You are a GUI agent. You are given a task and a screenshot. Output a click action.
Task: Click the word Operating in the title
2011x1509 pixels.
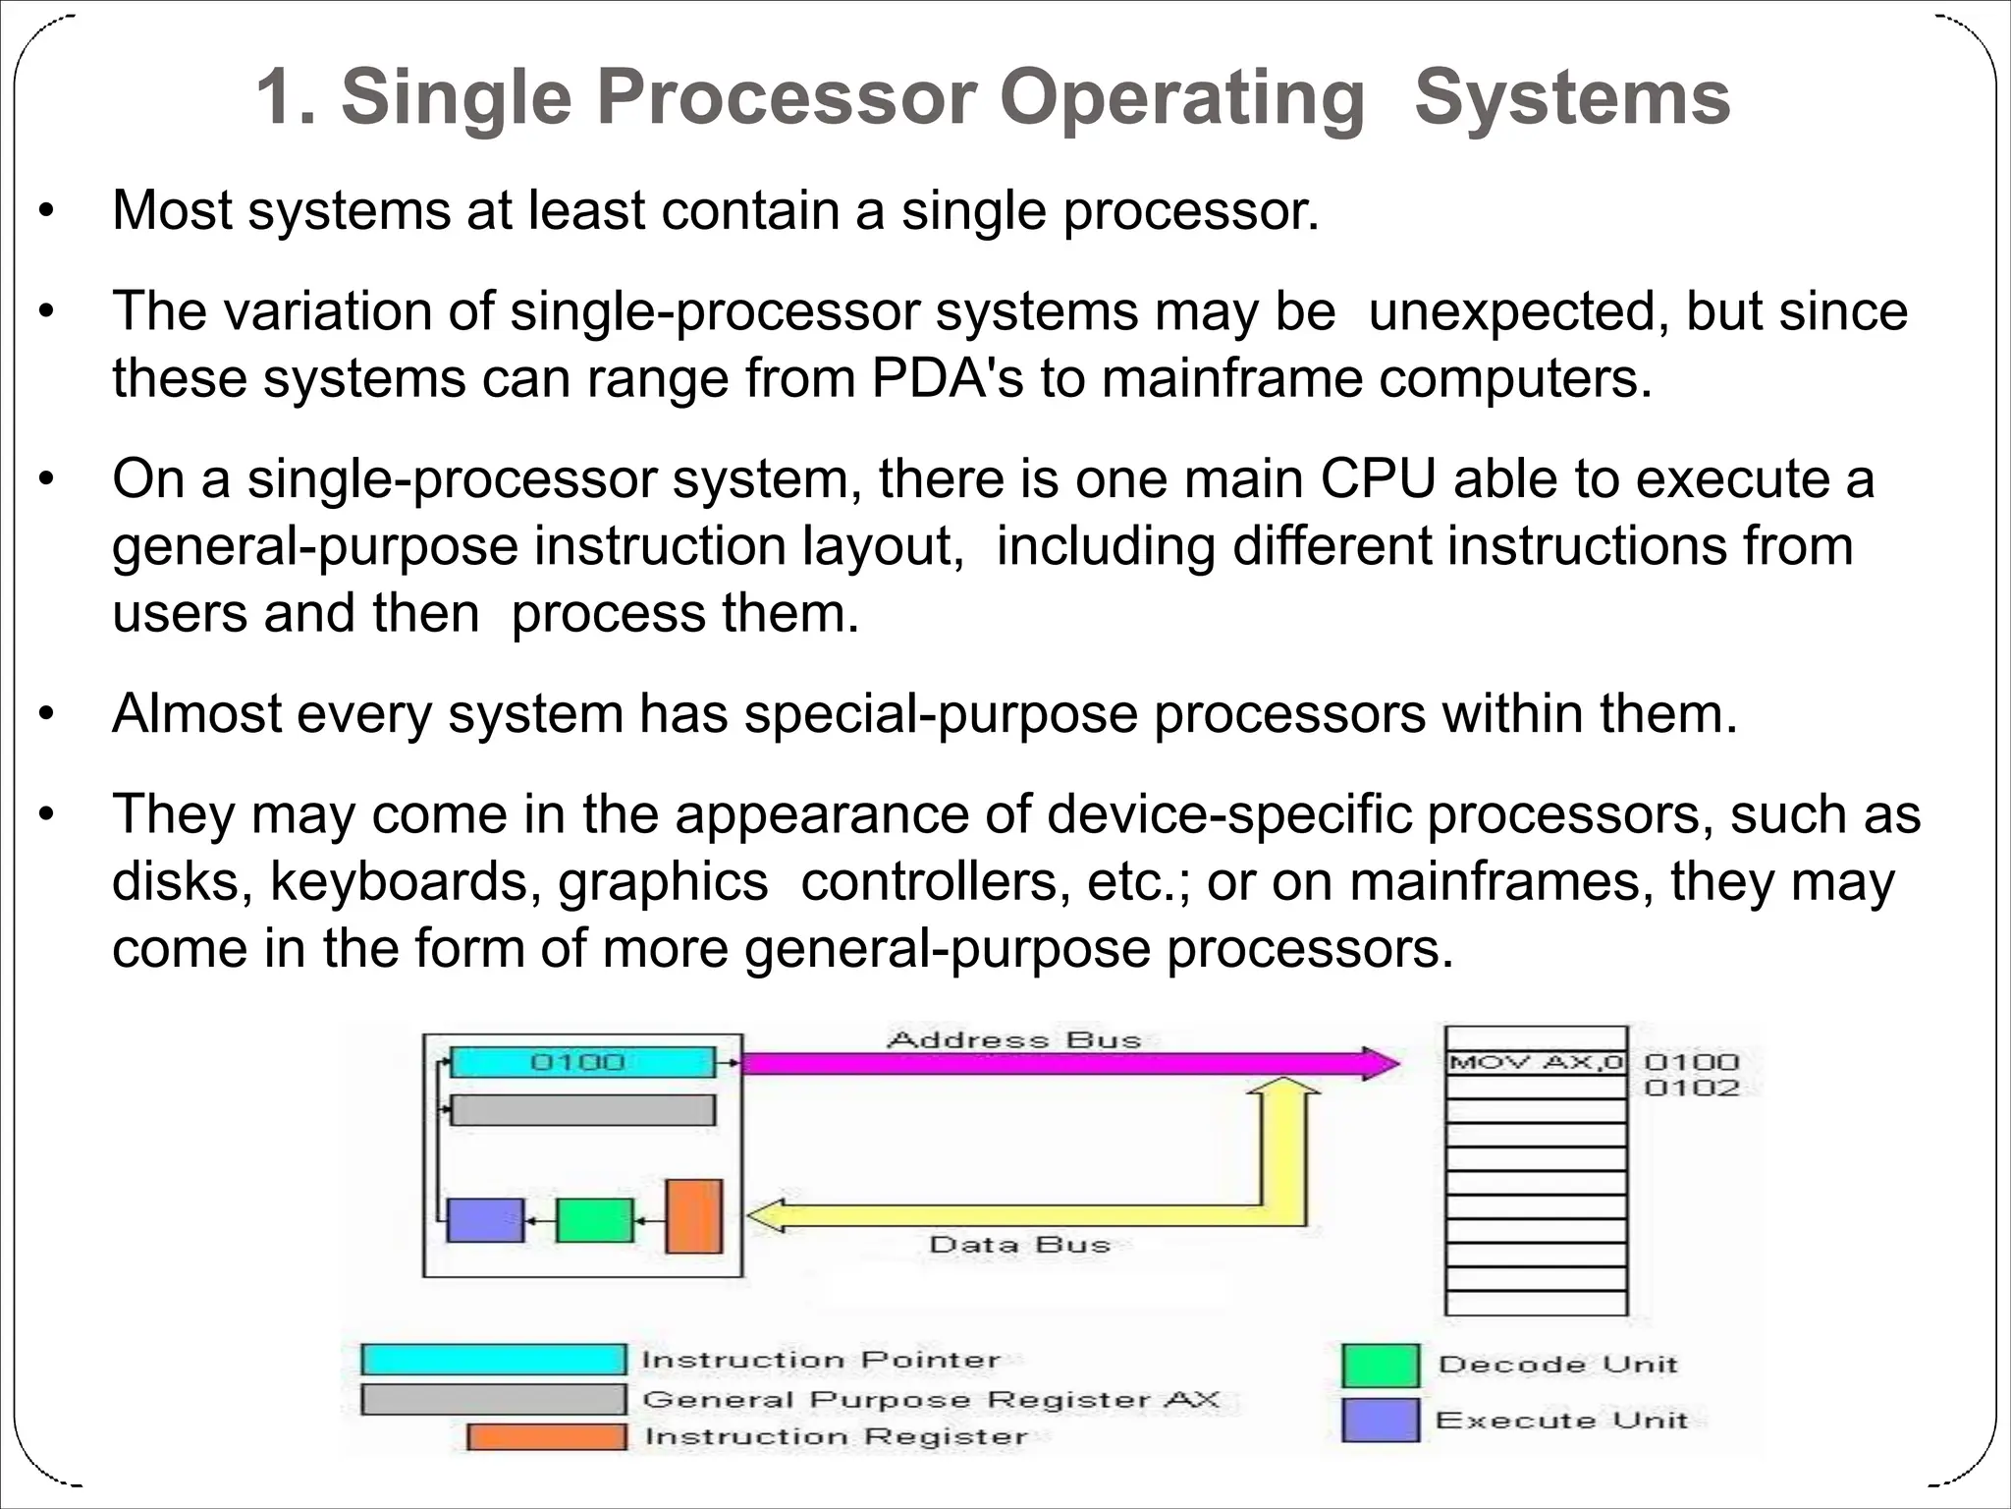[1181, 99]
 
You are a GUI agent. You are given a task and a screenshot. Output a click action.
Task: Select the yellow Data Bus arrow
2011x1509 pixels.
[1031, 1215]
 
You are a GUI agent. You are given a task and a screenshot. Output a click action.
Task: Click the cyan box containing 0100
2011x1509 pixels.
[582, 1062]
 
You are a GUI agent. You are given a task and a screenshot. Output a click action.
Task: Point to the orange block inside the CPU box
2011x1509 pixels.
[693, 1216]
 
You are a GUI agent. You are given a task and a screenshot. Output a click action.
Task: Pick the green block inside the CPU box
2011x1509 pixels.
[594, 1220]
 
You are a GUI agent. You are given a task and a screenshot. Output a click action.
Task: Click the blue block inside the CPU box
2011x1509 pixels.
[485, 1220]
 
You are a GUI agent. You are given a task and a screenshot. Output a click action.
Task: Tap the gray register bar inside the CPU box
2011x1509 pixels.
[582, 1110]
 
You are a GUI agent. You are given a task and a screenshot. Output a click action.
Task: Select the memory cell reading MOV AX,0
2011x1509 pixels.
[1536, 1062]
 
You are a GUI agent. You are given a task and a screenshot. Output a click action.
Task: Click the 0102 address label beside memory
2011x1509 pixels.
[1691, 1088]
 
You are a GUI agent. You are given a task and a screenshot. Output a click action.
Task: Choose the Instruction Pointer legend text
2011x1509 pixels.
[821, 1360]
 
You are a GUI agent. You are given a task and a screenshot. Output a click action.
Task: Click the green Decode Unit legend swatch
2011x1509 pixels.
[1380, 1365]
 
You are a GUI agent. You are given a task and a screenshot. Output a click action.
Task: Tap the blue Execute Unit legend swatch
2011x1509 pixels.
[1380, 1420]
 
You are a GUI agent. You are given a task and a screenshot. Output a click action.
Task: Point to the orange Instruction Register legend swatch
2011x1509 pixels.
[546, 1436]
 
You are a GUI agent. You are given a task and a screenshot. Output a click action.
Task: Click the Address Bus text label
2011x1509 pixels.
[1013, 1039]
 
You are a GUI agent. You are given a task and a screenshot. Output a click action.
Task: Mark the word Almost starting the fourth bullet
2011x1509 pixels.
[196, 714]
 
